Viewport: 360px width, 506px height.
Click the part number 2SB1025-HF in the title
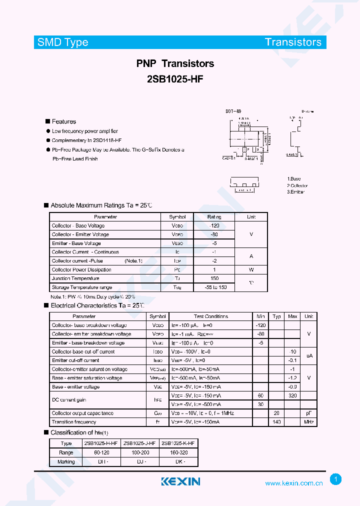(175, 79)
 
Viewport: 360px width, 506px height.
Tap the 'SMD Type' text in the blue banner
(63, 42)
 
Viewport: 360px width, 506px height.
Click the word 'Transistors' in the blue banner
(293, 42)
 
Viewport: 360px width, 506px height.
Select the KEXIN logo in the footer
(180, 481)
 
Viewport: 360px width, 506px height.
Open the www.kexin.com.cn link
(293, 483)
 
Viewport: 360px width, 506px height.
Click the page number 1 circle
(336, 479)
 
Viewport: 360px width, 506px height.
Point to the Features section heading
(64, 121)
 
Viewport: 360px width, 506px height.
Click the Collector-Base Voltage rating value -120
(214, 226)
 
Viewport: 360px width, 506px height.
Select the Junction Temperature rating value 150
(214, 278)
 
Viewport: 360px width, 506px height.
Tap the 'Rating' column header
(214, 217)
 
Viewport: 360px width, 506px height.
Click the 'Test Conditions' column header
(211, 316)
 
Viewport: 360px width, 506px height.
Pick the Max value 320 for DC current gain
(292, 395)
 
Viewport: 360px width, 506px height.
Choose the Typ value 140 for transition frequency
(276, 422)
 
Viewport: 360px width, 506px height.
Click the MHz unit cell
(309, 422)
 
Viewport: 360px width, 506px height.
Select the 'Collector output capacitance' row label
(82, 413)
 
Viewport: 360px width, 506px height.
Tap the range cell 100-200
(140, 452)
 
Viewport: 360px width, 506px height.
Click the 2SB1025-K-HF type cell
(179, 443)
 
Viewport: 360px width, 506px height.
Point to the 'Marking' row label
(66, 461)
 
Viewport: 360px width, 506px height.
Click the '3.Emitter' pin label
(295, 192)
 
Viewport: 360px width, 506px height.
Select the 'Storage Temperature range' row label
(82, 287)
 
